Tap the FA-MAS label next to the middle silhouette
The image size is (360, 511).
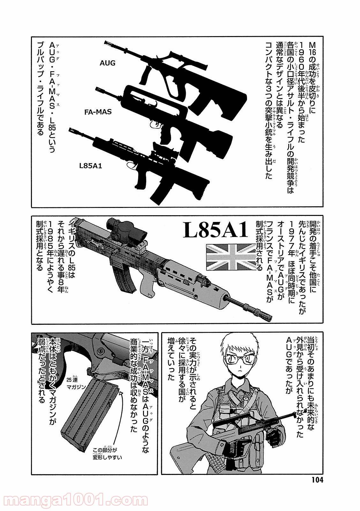click(98, 112)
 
